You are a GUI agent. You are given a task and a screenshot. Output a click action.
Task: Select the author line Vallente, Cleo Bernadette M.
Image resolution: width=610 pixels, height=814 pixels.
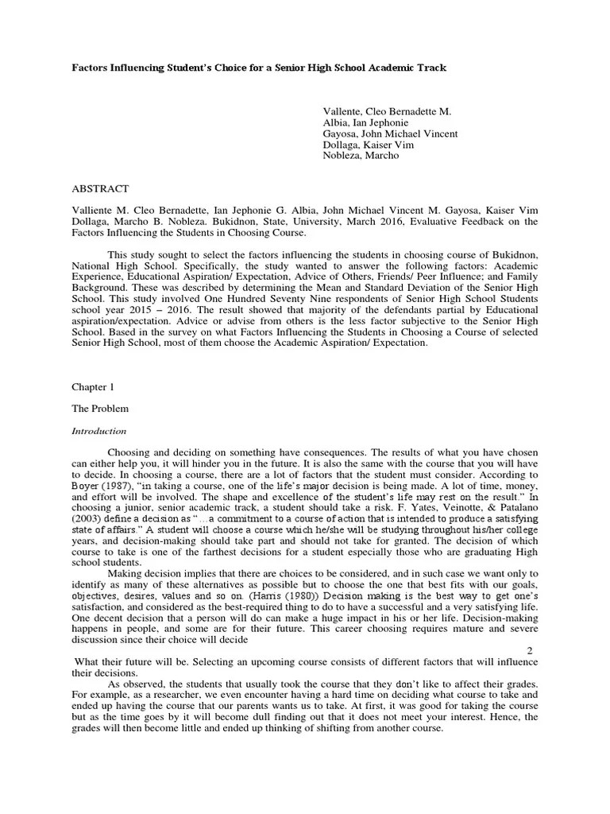click(388, 112)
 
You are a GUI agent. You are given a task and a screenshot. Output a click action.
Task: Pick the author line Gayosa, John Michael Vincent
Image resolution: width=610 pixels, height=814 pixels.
click(390, 134)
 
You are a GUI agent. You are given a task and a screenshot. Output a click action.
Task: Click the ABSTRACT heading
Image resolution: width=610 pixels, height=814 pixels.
click(100, 188)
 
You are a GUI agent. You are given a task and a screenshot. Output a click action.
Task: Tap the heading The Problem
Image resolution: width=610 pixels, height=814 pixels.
click(100, 409)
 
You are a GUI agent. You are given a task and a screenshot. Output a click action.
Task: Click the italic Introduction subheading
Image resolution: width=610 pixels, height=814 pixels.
click(99, 431)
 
